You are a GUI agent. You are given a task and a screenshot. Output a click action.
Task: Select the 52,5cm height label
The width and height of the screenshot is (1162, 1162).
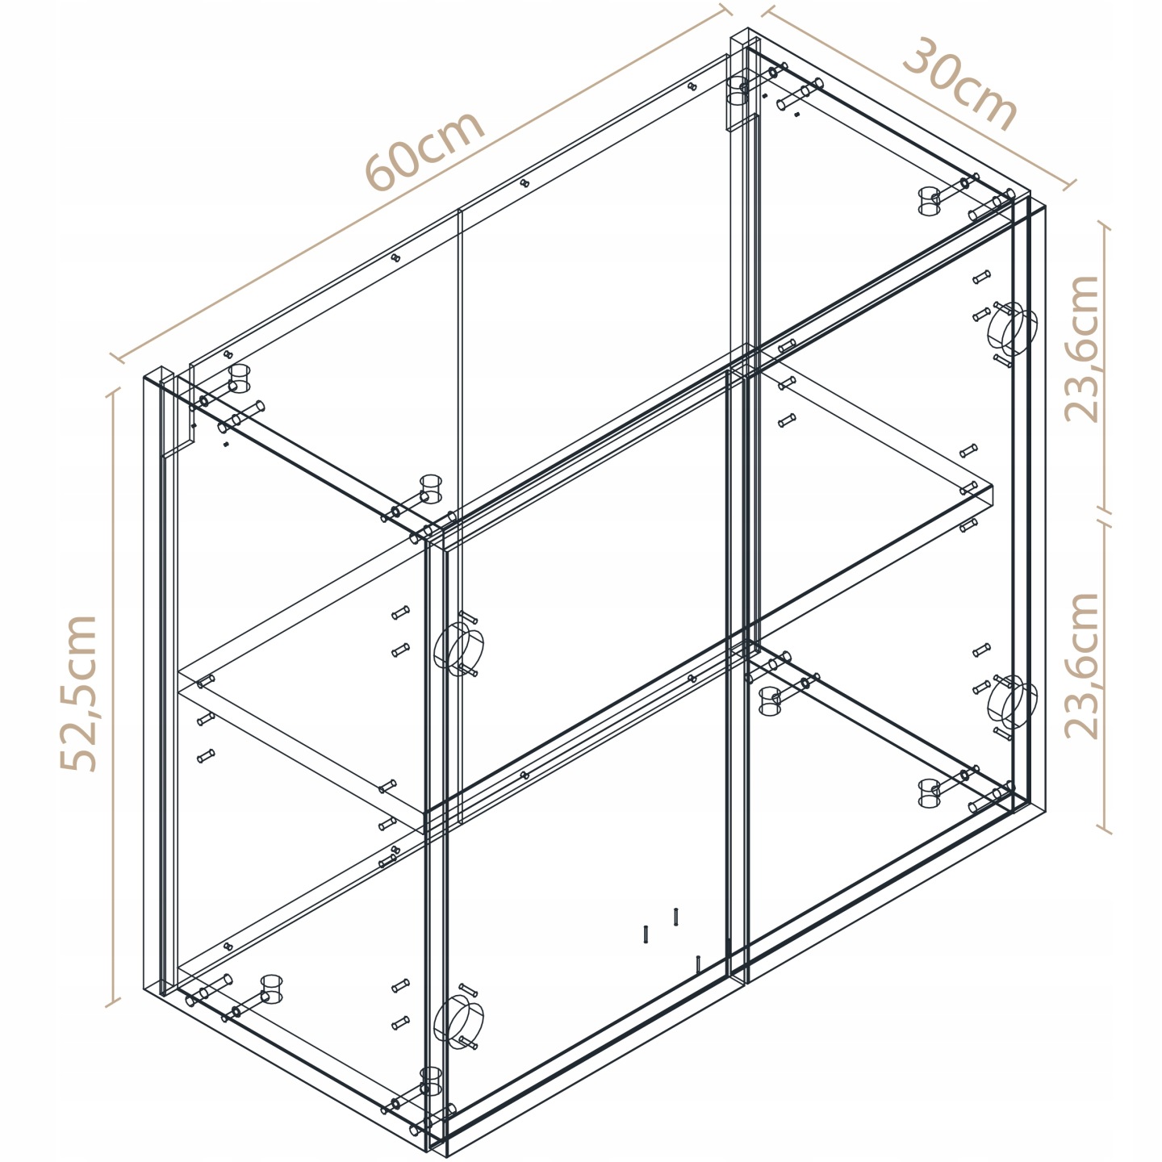click(78, 693)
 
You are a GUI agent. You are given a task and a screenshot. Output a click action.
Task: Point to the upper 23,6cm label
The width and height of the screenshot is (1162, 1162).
click(1081, 349)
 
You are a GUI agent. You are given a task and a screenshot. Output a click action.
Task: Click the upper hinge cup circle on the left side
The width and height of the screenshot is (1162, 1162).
click(458, 648)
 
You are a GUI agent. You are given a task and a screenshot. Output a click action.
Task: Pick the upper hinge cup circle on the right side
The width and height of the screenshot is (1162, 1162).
click(1013, 328)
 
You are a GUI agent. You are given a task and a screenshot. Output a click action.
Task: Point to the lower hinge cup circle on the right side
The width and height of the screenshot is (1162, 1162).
click(1013, 702)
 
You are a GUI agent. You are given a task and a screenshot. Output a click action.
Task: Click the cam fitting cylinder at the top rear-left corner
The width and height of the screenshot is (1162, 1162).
click(239, 378)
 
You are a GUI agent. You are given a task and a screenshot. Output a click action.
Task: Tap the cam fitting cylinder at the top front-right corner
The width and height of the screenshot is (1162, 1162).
click(930, 202)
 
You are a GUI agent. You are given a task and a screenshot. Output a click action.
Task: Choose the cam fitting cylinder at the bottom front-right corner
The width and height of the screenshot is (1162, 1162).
click(930, 792)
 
